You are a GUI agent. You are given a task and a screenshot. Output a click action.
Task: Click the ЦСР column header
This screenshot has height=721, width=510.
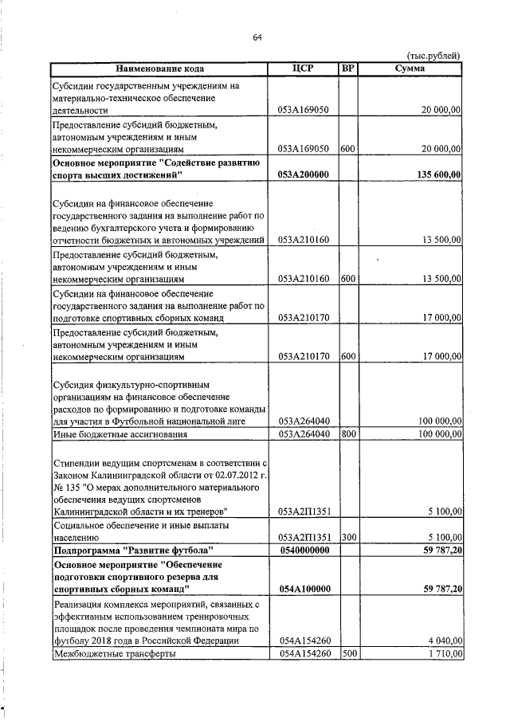(307, 69)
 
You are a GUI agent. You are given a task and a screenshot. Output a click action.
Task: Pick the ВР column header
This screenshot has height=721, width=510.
(347, 69)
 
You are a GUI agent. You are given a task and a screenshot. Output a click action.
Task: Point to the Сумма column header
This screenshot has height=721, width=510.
(410, 69)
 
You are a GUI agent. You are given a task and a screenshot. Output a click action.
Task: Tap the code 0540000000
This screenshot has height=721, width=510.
(307, 550)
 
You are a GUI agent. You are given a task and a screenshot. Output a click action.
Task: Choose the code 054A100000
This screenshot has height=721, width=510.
(307, 589)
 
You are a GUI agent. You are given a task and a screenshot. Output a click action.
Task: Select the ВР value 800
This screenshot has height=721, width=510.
(347, 434)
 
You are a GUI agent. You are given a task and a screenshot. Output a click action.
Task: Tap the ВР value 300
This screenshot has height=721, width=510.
(347, 537)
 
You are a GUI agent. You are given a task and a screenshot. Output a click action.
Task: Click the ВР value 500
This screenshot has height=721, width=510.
(347, 653)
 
